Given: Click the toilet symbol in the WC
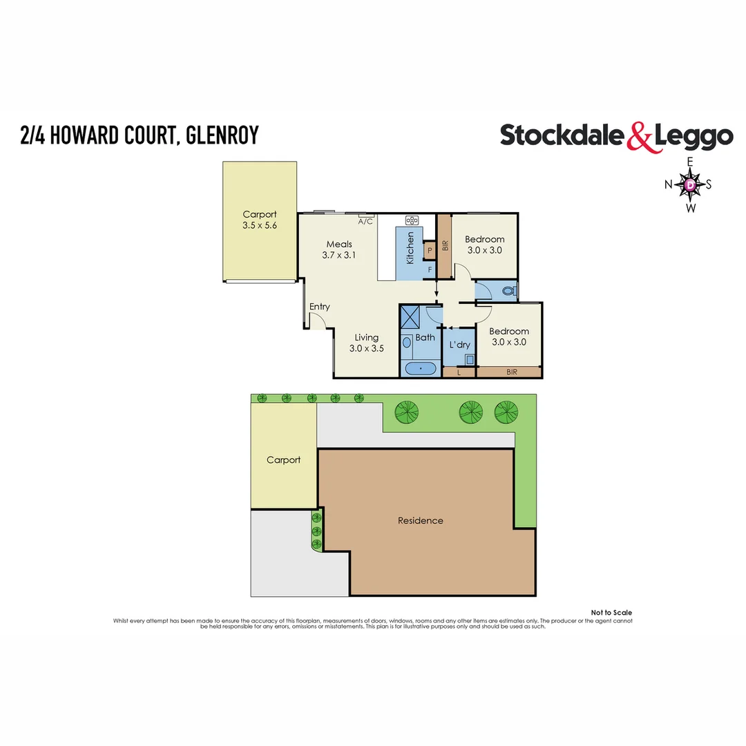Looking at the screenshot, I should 510,291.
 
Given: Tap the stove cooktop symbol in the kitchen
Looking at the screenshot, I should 412,220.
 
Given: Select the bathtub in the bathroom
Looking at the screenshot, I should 420,369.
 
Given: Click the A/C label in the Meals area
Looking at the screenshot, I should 365,222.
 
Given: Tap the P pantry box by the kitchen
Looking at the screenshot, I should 429,250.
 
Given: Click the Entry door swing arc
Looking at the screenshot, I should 318,321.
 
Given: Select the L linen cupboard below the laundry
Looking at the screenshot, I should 459,372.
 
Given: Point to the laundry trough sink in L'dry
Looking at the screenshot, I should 470,359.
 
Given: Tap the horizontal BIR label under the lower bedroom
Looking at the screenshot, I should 511,372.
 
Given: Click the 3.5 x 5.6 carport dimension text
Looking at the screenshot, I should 260,225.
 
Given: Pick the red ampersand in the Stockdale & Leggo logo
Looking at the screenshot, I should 639,137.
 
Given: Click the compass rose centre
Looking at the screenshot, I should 689,184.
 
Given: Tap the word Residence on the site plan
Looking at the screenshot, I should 420,520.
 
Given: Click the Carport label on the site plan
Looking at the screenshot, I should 283,459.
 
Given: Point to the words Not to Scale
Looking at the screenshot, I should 611,613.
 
